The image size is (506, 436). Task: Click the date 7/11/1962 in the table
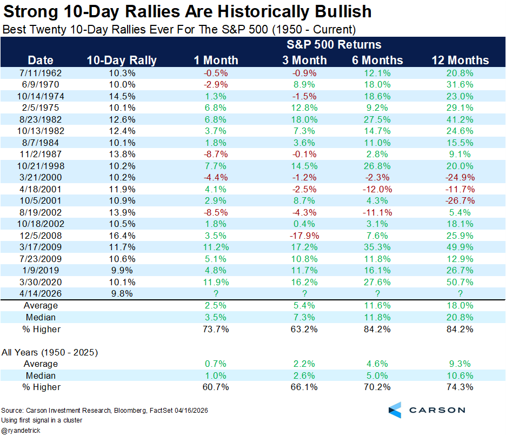click(x=41, y=72)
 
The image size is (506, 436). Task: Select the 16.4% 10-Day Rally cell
click(x=122, y=235)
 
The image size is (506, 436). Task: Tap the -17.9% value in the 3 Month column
click(x=304, y=235)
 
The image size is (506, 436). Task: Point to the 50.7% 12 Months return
click(x=460, y=281)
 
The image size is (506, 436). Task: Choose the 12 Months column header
click(x=460, y=60)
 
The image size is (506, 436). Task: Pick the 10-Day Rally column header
click(x=122, y=60)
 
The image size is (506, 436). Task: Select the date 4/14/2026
click(x=41, y=293)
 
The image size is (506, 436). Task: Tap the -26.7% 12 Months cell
click(x=460, y=200)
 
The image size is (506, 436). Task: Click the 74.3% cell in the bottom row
click(x=460, y=387)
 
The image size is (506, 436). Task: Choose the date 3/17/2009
click(x=41, y=247)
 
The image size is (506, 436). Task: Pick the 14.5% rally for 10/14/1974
click(x=122, y=96)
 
